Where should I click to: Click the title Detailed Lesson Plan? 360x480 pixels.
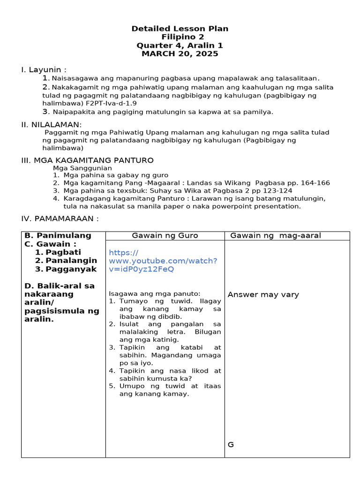(x=180, y=29)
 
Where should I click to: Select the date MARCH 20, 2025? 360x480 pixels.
(x=180, y=54)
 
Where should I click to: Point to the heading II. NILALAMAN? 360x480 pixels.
(x=51, y=124)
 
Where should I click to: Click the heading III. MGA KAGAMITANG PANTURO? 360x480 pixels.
(x=87, y=160)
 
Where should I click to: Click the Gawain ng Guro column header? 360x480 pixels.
(x=165, y=235)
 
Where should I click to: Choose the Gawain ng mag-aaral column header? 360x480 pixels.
(x=276, y=235)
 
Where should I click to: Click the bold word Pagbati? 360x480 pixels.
(x=63, y=252)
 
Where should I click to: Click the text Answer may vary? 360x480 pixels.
(x=263, y=294)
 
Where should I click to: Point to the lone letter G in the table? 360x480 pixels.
(x=231, y=444)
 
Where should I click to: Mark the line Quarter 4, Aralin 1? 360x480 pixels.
(x=180, y=45)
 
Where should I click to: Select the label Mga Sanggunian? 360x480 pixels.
(x=82, y=168)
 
